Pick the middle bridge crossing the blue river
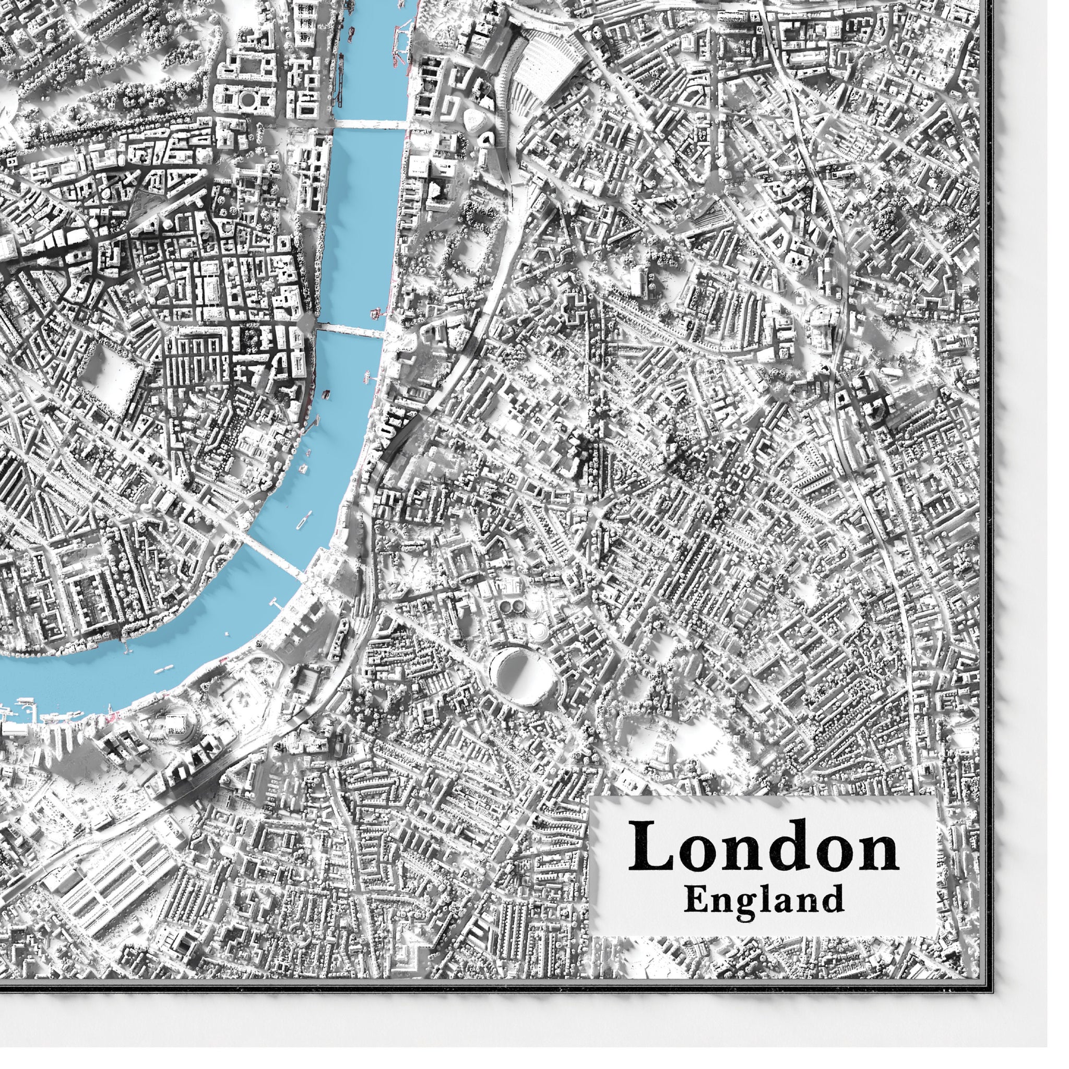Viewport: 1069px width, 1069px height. [x=351, y=330]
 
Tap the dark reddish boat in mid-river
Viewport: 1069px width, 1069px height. [x=326, y=394]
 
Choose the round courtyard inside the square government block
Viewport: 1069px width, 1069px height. [x=246, y=98]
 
